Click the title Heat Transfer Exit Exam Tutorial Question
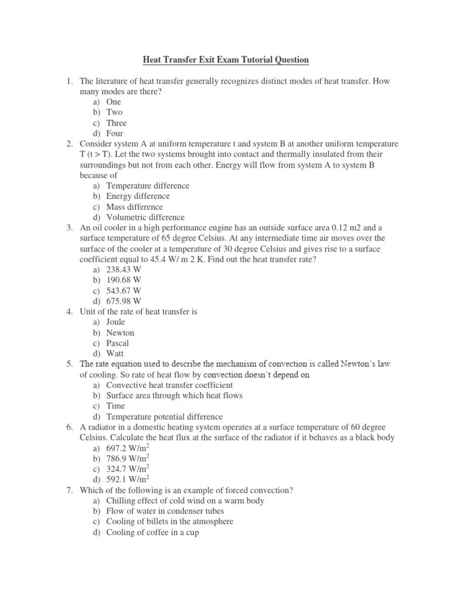click(x=226, y=60)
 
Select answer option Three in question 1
click(x=116, y=123)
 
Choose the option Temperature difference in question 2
click(x=148, y=186)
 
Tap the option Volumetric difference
click(x=145, y=218)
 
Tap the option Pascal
click(x=118, y=343)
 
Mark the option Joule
click(x=116, y=322)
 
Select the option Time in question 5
click(x=116, y=406)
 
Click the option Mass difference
click(x=135, y=207)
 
